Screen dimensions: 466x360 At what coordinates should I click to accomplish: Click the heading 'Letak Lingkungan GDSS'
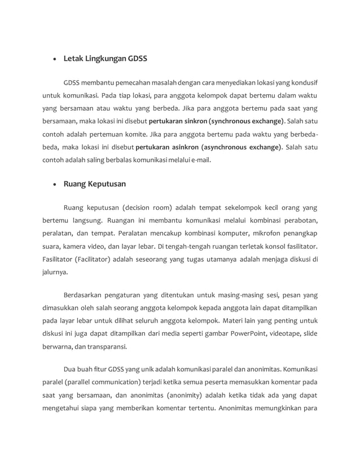[106, 58]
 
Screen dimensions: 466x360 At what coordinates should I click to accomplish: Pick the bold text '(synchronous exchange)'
[247, 121]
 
